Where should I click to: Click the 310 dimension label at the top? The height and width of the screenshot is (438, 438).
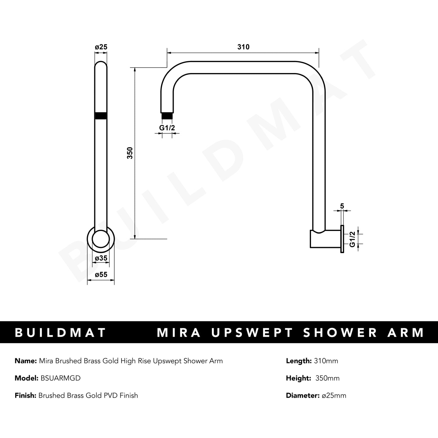[x=243, y=47]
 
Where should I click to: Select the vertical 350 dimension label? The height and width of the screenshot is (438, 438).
[x=130, y=153]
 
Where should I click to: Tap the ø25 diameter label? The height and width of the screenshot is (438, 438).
[x=101, y=47]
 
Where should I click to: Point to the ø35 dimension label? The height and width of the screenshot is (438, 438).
[x=101, y=258]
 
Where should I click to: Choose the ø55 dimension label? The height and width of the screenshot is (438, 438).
[x=101, y=275]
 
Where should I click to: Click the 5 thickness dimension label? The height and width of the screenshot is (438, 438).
[x=342, y=206]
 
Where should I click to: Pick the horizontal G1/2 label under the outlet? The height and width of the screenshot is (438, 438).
[x=167, y=128]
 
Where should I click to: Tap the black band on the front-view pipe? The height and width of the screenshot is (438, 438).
[x=101, y=116]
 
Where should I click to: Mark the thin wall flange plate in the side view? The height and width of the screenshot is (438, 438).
[x=342, y=239]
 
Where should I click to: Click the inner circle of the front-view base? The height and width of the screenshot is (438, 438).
[x=101, y=239]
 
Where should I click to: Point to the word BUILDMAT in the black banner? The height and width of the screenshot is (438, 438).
[x=60, y=333]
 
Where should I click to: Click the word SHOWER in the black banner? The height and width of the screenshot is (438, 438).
[x=340, y=333]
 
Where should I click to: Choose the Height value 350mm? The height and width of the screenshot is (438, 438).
[x=327, y=378]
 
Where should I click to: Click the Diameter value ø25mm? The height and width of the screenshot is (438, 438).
[x=334, y=396]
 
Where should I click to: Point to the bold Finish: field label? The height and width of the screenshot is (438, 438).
[x=26, y=396]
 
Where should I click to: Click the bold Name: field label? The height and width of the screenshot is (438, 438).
[x=25, y=361]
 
